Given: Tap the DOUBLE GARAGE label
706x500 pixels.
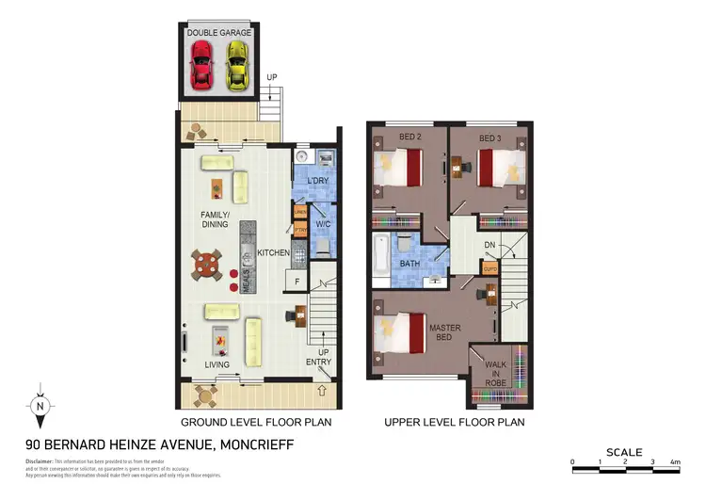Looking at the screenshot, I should tap(217, 33).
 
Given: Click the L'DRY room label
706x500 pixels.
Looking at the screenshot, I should tap(317, 181).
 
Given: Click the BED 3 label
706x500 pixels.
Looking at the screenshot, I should tap(490, 138).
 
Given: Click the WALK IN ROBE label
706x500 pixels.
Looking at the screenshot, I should tap(496, 374).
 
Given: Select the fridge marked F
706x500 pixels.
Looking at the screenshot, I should tap(298, 282).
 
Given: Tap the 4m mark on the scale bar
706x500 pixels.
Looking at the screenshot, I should tap(676, 462).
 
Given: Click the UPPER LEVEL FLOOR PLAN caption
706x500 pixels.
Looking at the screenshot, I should tap(454, 423).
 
